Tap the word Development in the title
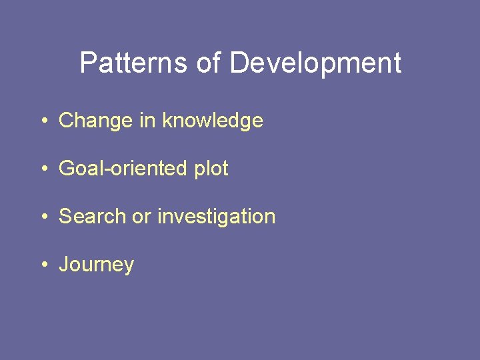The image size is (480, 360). tap(315, 63)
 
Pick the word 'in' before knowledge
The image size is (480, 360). tap(147, 121)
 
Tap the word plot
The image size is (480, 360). tap(211, 169)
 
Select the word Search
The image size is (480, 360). tap(93, 217)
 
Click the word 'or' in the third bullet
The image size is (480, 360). tap(142, 217)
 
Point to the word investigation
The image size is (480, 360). tap(216, 217)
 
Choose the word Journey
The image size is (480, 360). tap(97, 265)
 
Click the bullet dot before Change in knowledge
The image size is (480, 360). tap(43, 121)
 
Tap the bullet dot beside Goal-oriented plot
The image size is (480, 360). tap(43, 169)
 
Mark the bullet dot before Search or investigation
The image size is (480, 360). tap(43, 217)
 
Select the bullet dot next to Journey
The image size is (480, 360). tap(43, 265)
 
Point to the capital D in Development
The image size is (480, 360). tap(240, 63)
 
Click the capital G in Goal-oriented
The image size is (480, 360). tap(67, 169)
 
